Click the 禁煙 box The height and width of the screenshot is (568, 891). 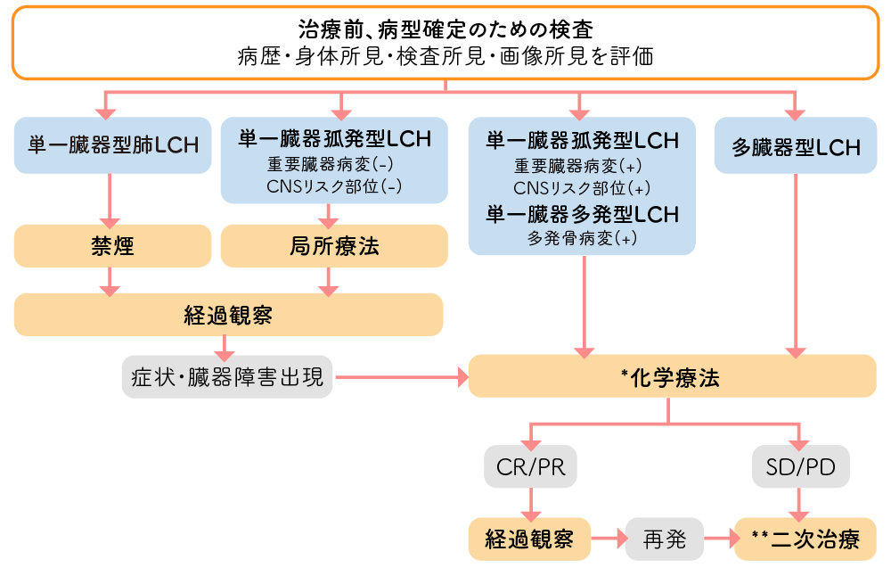(x=112, y=246)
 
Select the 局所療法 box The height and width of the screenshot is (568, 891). (x=334, y=246)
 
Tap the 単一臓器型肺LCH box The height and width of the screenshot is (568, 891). (x=108, y=145)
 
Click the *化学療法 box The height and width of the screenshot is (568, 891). (x=672, y=377)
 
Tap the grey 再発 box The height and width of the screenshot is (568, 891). (x=664, y=539)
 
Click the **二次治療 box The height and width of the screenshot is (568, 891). (x=805, y=539)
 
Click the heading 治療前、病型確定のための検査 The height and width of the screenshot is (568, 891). (x=445, y=29)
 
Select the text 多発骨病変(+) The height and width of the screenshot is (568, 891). (x=583, y=238)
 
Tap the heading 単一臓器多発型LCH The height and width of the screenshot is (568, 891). (x=583, y=214)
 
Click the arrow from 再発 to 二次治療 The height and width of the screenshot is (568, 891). (x=718, y=539)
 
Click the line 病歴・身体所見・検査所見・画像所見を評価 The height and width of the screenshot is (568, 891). (x=445, y=57)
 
